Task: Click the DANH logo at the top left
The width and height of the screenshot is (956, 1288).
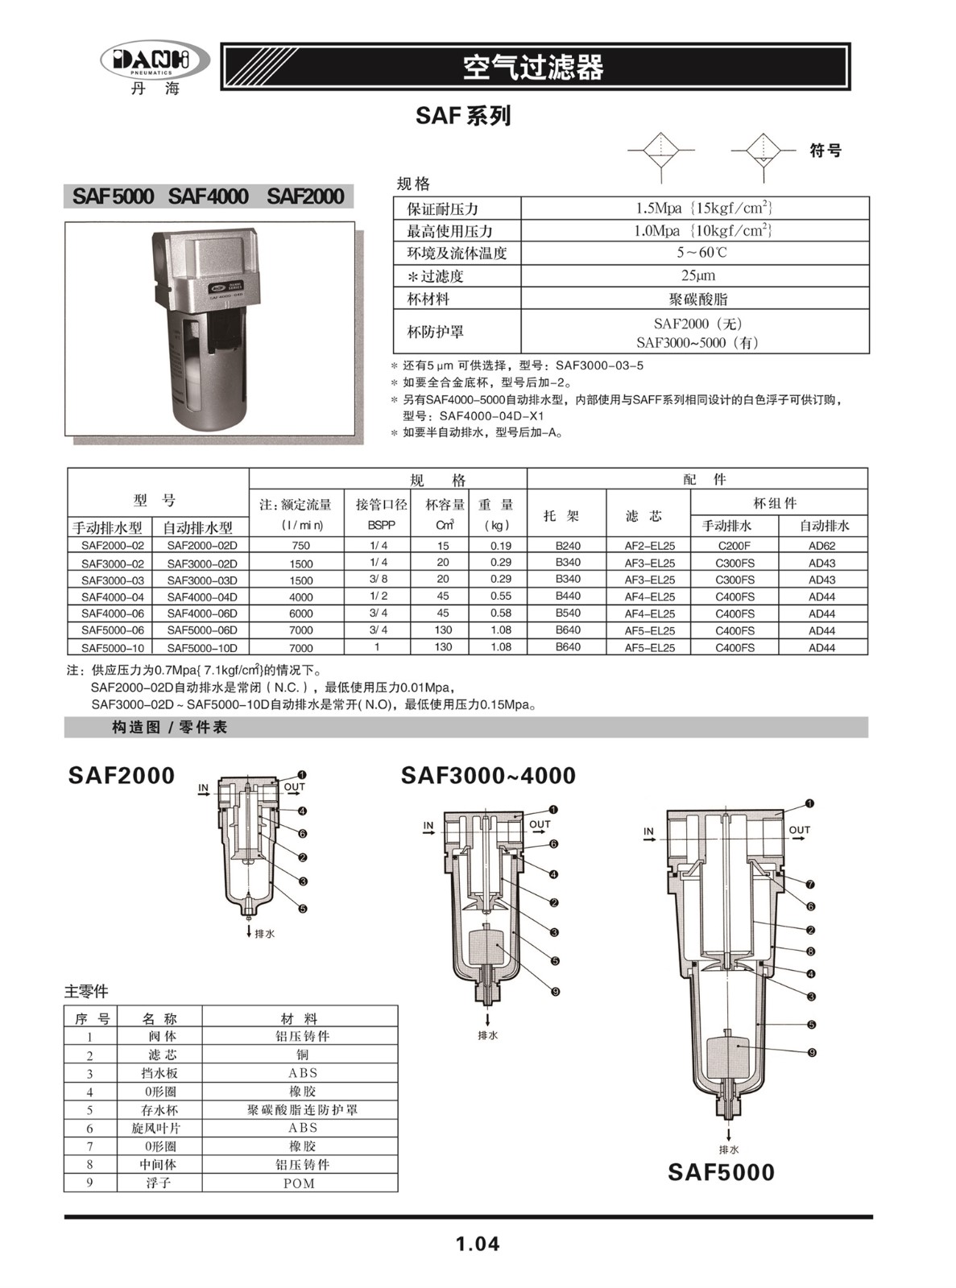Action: (x=155, y=60)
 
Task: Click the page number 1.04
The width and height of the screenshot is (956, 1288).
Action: (x=477, y=1244)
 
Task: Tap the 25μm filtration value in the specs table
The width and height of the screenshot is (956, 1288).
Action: (x=697, y=275)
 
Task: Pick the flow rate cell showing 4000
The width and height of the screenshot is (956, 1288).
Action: (x=300, y=597)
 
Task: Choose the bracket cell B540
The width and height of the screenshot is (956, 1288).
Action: (x=568, y=613)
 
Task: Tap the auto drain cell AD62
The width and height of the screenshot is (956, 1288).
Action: (x=821, y=546)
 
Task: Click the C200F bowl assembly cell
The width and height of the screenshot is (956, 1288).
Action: (x=734, y=546)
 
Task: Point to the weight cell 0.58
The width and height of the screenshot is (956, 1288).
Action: (x=500, y=613)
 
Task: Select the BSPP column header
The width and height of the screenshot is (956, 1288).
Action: (x=376, y=525)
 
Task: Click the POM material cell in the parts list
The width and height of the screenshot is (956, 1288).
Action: (x=299, y=1183)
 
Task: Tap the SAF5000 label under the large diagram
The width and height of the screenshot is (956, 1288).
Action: (x=721, y=1172)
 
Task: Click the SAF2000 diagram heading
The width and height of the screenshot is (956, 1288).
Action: (x=122, y=775)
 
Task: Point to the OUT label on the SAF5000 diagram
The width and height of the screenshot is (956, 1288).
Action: (x=799, y=830)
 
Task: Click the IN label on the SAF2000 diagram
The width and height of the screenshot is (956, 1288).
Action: (x=203, y=787)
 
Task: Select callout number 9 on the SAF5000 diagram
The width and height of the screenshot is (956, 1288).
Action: (x=812, y=1052)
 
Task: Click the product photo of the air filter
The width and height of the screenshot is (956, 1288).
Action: (x=209, y=328)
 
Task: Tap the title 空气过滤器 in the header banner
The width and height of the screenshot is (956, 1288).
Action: (x=533, y=68)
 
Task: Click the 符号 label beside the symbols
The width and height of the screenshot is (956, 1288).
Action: (x=826, y=151)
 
